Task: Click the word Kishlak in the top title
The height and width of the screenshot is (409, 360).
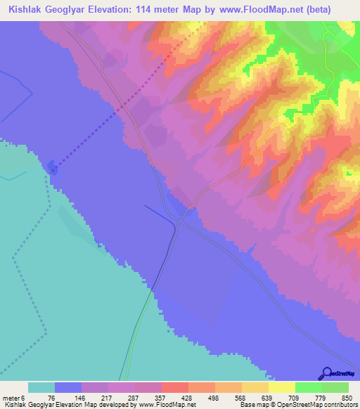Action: point(27,10)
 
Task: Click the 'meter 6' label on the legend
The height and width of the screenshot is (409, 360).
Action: point(15,397)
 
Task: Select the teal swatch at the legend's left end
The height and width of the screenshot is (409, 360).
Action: point(41,387)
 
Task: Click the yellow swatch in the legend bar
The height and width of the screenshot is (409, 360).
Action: point(281,387)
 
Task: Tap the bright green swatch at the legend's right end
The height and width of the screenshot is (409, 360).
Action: point(335,387)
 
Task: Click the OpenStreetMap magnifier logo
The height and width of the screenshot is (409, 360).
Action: point(326,373)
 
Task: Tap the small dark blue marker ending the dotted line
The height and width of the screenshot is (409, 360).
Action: point(53,167)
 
